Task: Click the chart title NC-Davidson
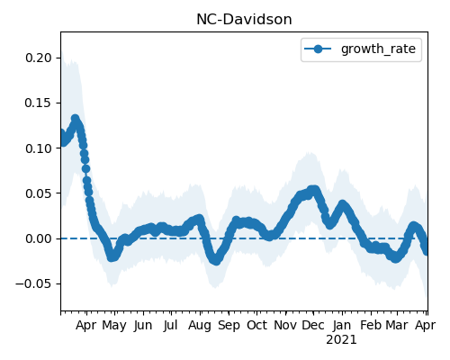(x=244, y=20)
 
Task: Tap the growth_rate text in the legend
(x=378, y=49)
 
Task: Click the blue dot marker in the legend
(x=318, y=49)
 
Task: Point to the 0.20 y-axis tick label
(x=39, y=58)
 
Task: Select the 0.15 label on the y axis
(x=39, y=103)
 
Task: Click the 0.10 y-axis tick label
(x=39, y=148)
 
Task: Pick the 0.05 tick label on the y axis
(x=39, y=193)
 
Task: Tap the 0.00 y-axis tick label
(x=39, y=238)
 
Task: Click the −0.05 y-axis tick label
(x=34, y=283)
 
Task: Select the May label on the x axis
(x=114, y=326)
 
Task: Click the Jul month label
(x=171, y=325)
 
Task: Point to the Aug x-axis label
(x=200, y=326)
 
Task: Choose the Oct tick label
(x=256, y=325)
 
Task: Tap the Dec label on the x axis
(x=313, y=325)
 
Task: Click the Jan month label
(x=342, y=325)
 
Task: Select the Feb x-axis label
(x=371, y=325)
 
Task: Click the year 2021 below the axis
(x=341, y=340)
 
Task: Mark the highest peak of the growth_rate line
(x=75, y=119)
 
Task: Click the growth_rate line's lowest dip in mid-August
(x=216, y=261)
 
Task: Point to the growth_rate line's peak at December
(x=313, y=190)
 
